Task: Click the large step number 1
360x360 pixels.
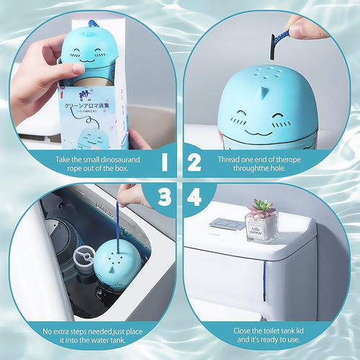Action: click(164, 163)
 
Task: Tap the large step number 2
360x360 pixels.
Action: click(194, 163)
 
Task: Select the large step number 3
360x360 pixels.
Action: click(164, 196)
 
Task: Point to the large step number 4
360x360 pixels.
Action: click(195, 196)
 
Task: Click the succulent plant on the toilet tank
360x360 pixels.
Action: click(261, 209)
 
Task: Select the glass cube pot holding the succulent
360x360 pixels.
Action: click(261, 228)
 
